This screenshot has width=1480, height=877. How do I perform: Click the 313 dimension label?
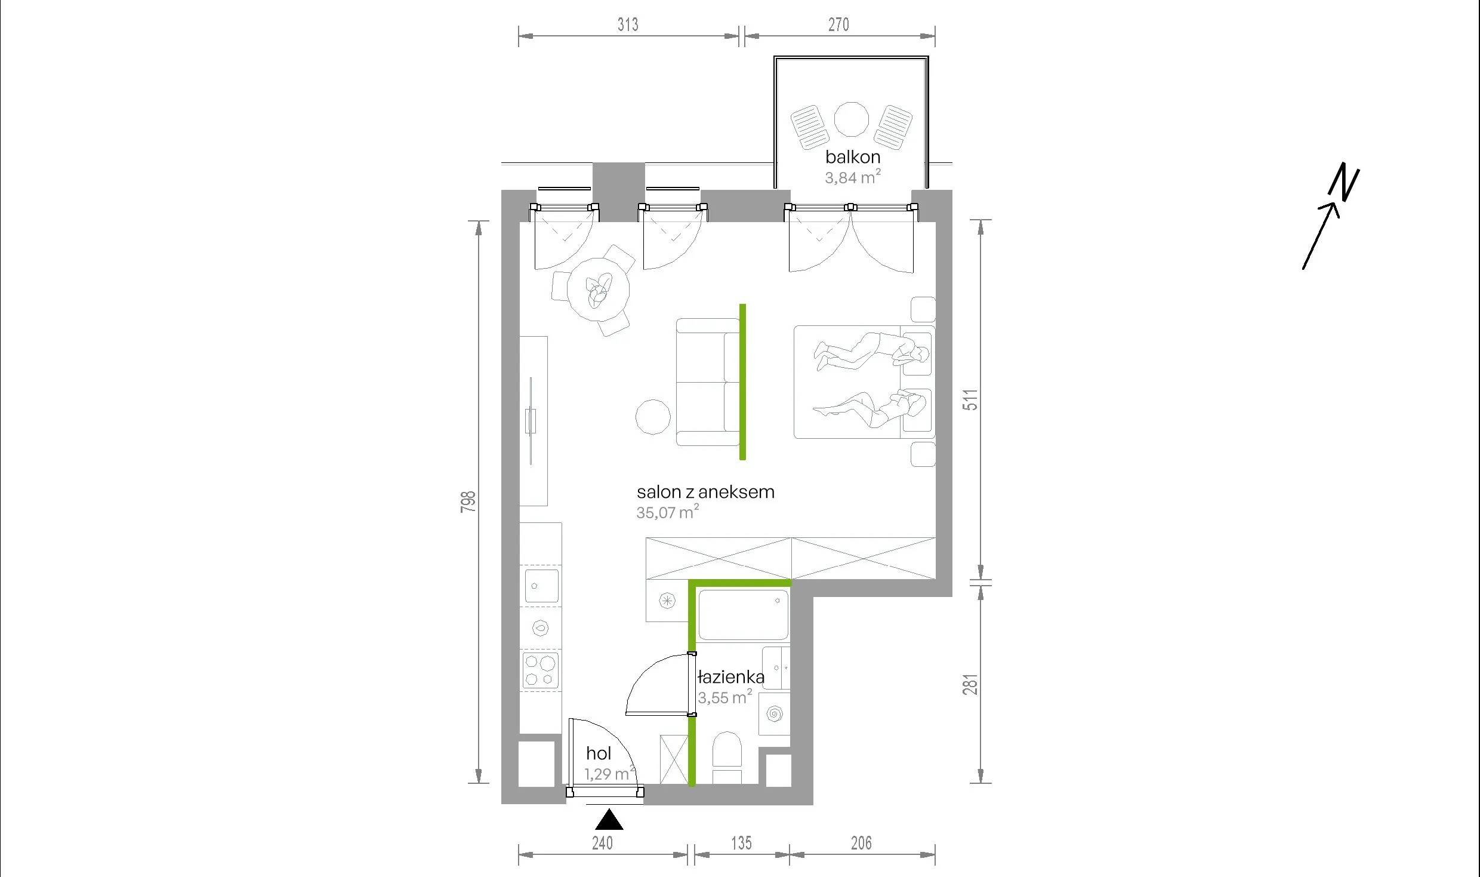[628, 24]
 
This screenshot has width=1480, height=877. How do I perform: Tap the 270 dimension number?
[838, 24]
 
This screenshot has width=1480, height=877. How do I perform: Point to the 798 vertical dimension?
[468, 501]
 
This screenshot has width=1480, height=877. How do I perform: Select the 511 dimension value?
[971, 399]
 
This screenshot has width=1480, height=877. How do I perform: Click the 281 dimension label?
[971, 684]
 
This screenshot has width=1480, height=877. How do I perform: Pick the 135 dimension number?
[741, 843]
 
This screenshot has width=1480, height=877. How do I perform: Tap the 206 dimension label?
[861, 843]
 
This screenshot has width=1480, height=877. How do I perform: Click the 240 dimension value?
[602, 843]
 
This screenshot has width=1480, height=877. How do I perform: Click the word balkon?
[853, 157]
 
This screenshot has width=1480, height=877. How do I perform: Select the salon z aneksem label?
[705, 492]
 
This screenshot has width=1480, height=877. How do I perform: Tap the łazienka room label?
[731, 677]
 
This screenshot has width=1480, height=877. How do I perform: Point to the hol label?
[599, 753]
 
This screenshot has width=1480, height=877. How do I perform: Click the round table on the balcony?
[851, 119]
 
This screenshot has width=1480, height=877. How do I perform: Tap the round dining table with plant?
[598, 290]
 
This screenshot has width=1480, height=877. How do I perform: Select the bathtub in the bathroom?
[744, 615]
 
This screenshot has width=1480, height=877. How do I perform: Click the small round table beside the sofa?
[653, 417]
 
